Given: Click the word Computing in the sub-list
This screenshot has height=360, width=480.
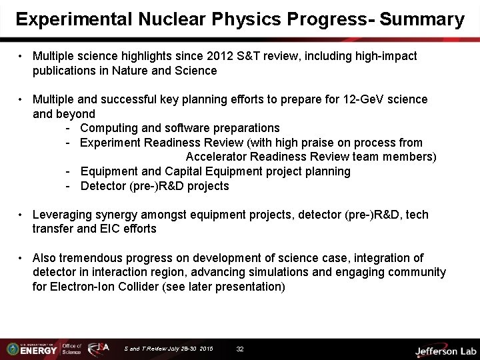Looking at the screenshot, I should tap(109, 127).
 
